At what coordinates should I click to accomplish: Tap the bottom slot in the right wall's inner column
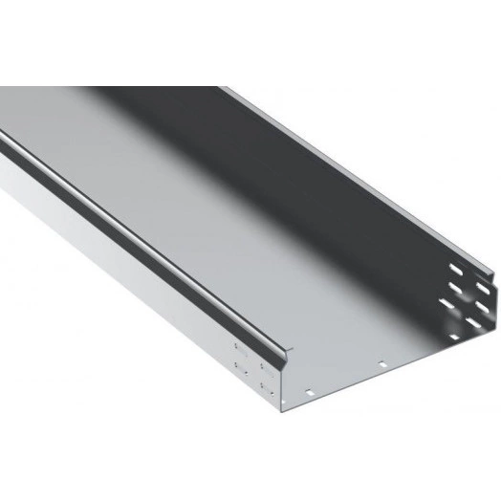(447, 304)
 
